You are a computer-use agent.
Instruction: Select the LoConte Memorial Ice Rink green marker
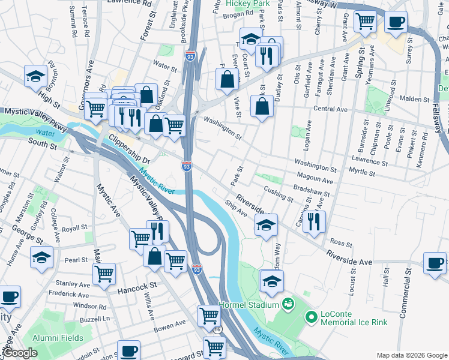click(x=311, y=316)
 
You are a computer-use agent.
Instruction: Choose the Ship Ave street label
click(x=236, y=209)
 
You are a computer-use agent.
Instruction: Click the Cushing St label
click(x=279, y=193)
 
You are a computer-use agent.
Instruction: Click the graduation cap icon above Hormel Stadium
click(x=271, y=280)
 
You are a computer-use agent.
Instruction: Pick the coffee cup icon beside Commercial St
click(x=435, y=262)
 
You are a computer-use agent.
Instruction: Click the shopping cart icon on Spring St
click(x=365, y=22)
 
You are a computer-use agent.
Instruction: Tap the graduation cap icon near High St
click(x=36, y=76)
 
